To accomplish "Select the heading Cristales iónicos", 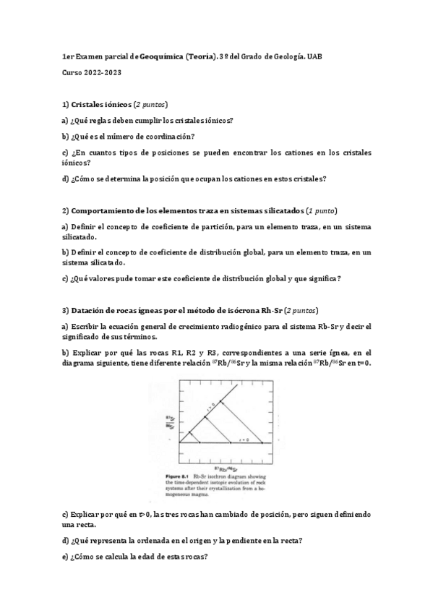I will coord(101,105).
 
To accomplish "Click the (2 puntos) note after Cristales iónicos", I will coord(153,105).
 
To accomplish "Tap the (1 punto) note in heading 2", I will coord(322,210).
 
